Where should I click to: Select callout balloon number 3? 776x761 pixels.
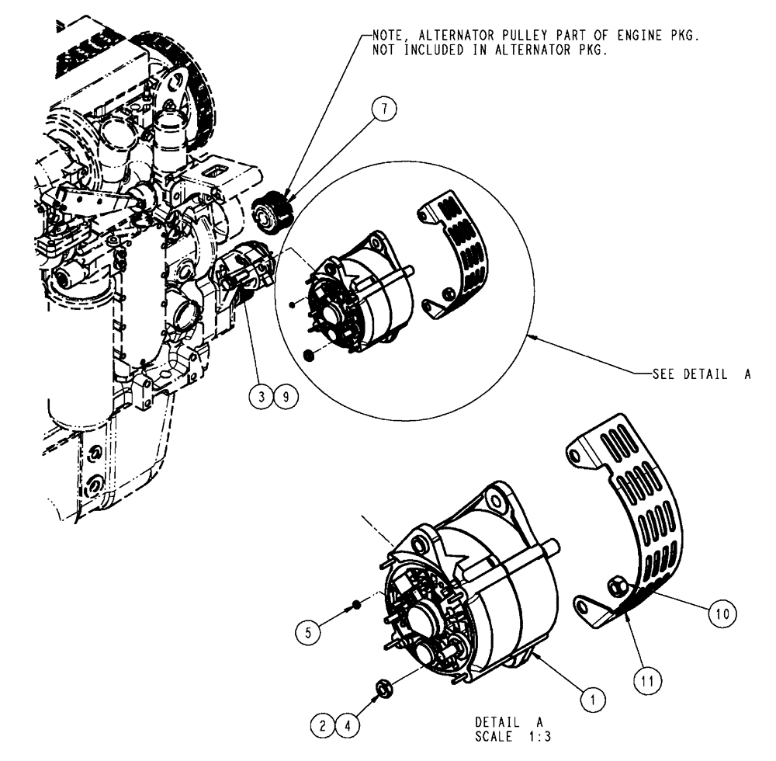(262, 398)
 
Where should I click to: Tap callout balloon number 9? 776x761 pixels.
(286, 398)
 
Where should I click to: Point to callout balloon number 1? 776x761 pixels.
(593, 699)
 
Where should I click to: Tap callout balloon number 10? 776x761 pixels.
(722, 612)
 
